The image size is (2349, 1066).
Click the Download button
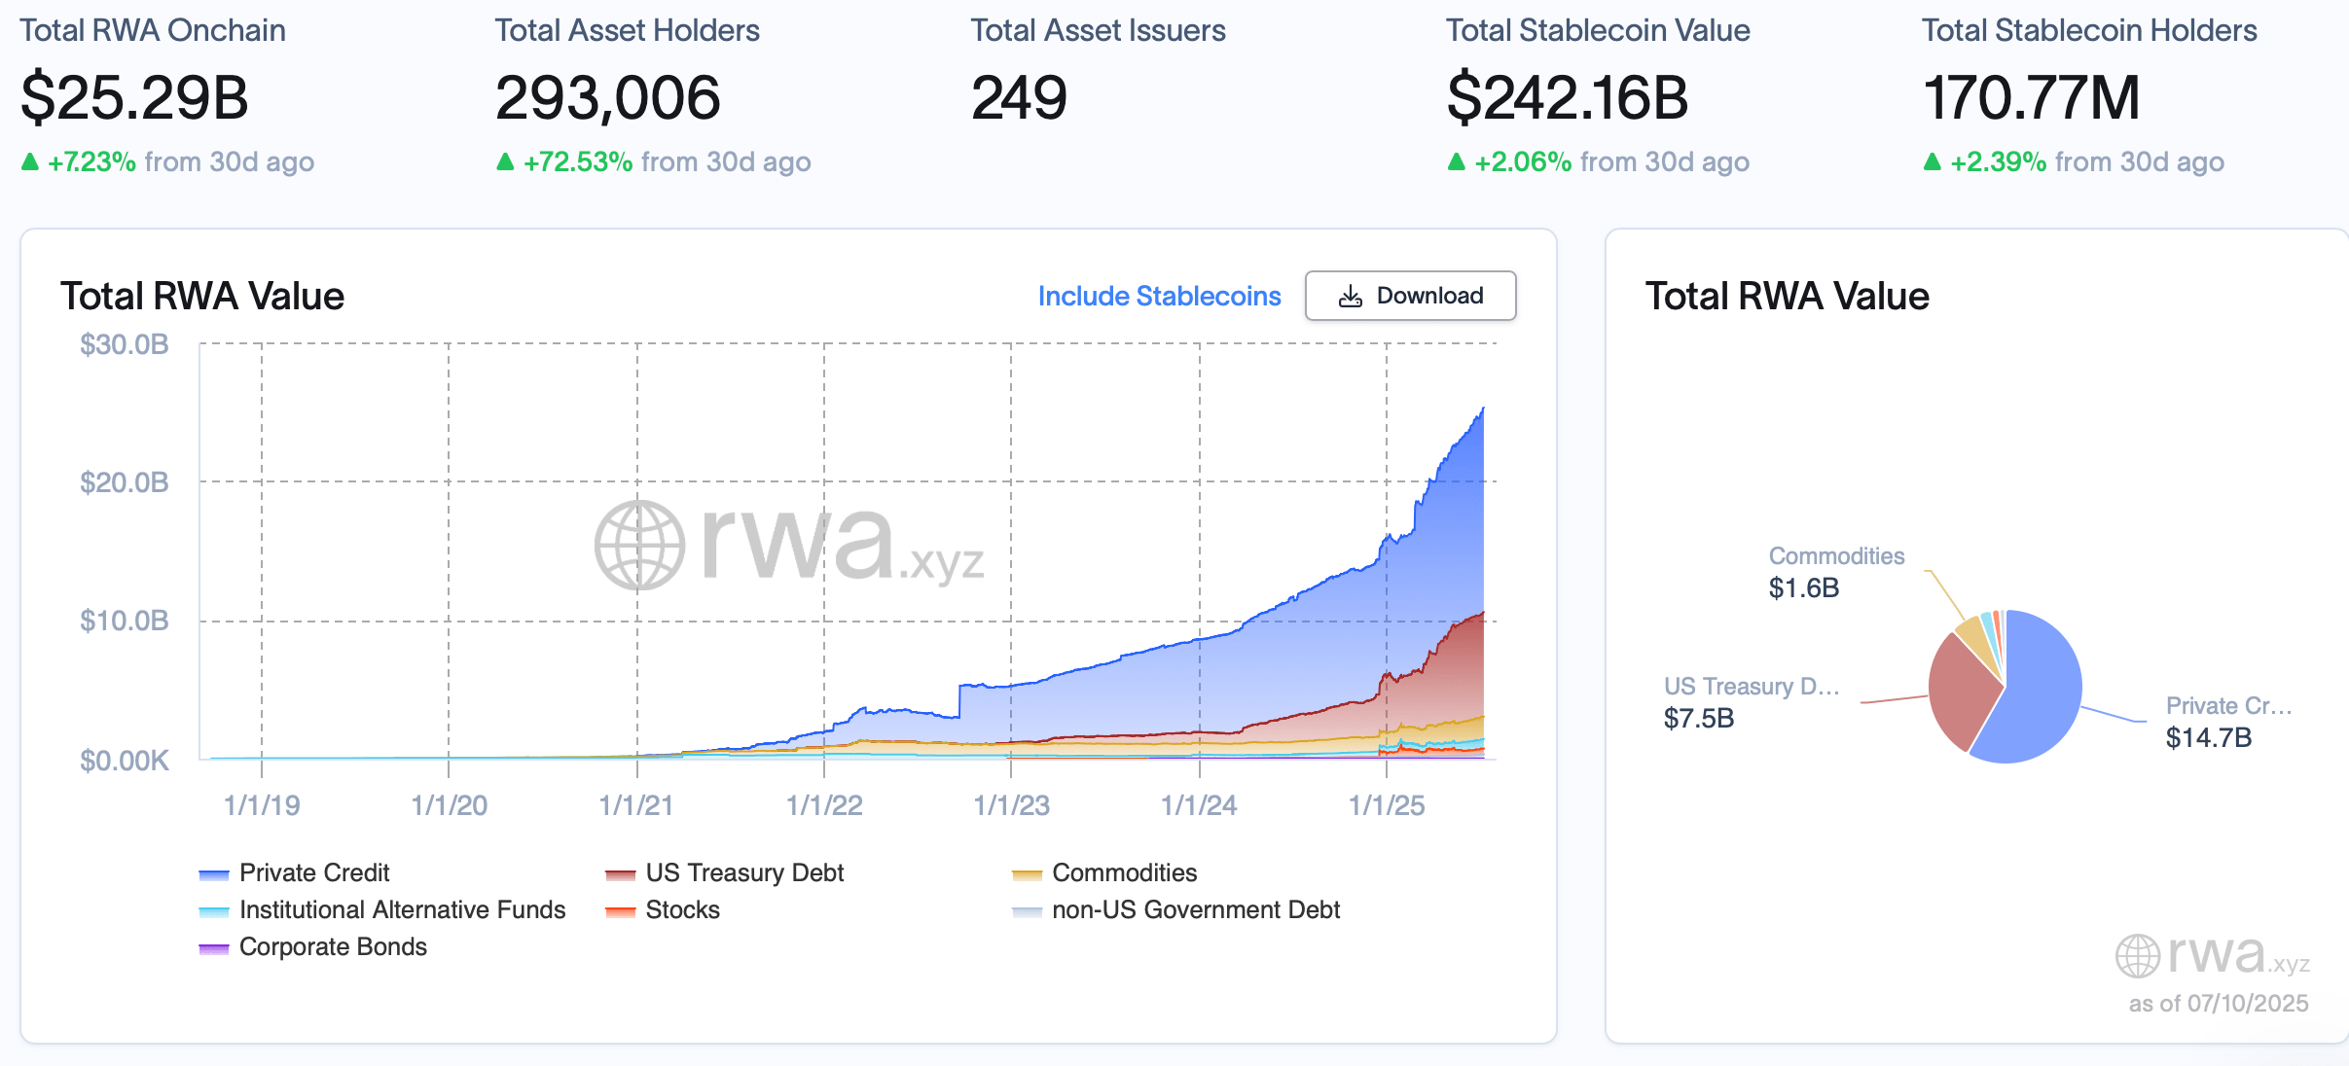[x=1410, y=296]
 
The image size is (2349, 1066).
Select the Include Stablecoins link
[x=1159, y=296]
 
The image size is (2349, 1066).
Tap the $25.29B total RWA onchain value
[x=134, y=98]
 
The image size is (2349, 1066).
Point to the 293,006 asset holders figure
[x=607, y=98]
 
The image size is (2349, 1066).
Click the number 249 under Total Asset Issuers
[x=1019, y=98]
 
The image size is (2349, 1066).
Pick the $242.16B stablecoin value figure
[x=1567, y=98]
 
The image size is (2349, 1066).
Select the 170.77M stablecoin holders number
[x=2031, y=98]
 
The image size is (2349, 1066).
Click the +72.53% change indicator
[x=578, y=161]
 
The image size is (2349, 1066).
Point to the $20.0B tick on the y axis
[x=125, y=482]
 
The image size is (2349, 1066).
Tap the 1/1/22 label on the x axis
[x=824, y=805]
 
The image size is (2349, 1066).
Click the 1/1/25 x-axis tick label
[x=1386, y=805]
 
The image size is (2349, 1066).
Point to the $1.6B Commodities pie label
[x=1804, y=587]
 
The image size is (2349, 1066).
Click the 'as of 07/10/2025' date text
[x=2218, y=1003]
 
